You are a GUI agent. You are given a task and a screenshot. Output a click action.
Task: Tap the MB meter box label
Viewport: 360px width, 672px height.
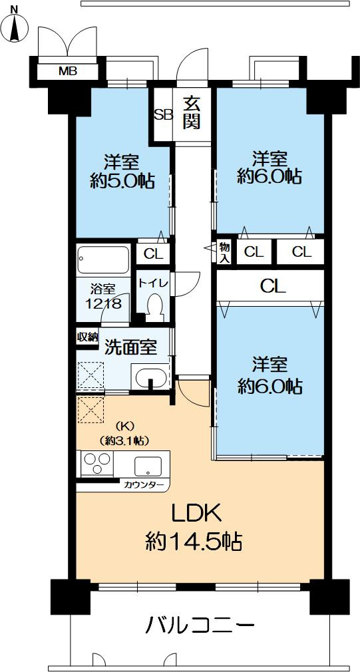pos(67,71)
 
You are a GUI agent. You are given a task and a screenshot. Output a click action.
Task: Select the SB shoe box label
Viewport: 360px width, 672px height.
pos(163,114)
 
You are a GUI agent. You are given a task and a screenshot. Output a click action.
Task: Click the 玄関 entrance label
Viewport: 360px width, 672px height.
pos(192,113)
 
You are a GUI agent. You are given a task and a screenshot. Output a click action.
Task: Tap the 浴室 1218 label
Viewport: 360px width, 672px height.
pos(103,296)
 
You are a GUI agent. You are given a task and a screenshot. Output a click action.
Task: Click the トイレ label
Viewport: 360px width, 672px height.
pos(154,283)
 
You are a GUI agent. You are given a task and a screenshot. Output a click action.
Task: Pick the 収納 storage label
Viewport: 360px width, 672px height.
pos(87,337)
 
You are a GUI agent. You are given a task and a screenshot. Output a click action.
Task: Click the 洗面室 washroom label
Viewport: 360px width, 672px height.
pos(130,346)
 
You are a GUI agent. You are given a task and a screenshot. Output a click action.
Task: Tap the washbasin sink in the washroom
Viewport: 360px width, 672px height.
pos(152,377)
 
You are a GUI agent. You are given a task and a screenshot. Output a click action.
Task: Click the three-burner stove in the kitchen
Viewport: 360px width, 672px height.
pos(97,463)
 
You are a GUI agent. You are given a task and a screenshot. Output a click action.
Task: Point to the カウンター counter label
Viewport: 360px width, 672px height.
pos(144,485)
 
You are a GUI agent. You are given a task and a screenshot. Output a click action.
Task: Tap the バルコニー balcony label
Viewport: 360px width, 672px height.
pos(199,625)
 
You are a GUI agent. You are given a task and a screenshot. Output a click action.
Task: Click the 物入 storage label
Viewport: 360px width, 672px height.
pos(225,253)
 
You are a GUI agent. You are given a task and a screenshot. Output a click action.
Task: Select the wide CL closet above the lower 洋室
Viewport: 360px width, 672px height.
pos(272,287)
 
